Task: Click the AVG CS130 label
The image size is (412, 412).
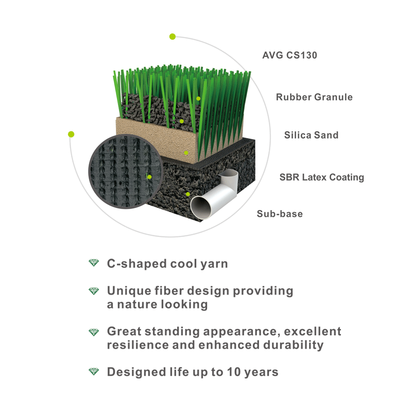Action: point(289,55)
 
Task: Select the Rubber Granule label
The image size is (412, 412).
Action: point(314,97)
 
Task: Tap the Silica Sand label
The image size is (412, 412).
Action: point(312,135)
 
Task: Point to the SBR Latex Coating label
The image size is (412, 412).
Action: point(321,177)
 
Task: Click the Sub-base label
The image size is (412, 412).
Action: point(280,214)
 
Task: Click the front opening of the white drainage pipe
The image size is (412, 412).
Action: point(201,208)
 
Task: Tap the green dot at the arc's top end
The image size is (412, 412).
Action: point(173,37)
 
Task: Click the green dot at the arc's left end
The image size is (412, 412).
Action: point(71,134)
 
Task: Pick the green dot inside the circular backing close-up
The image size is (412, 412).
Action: point(149,177)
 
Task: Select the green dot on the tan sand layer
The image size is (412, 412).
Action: point(186,152)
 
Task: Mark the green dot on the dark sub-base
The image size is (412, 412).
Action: point(188,194)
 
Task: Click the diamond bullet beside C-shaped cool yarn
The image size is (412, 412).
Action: point(94,263)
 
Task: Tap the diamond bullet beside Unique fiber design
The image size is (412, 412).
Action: point(94,291)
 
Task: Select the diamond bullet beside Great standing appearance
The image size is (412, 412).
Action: point(94,332)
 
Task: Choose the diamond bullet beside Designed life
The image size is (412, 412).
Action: point(94,371)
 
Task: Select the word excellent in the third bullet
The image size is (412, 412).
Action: point(313,331)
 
